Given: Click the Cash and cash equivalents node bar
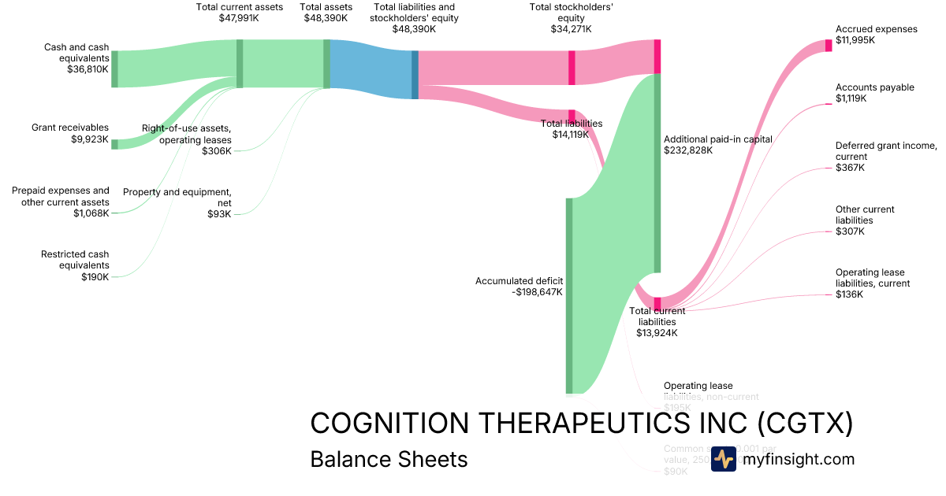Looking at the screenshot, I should [114, 68].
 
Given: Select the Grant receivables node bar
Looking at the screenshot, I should [114, 144].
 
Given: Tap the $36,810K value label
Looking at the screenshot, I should [88, 69].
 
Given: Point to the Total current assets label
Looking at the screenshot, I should [239, 7].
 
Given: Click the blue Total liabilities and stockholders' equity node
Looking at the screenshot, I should [415, 75].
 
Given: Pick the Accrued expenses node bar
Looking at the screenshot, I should [828, 45].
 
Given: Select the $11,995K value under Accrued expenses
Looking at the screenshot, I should [855, 40].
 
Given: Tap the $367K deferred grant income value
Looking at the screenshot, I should [850, 168].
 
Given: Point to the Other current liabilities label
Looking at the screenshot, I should [865, 215].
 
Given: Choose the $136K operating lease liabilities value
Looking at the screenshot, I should [850, 294].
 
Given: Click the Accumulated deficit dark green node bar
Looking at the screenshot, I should [568, 295].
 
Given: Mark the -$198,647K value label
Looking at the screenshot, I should [537, 292].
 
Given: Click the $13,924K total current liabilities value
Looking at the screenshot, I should [657, 333].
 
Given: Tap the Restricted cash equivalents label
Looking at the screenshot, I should [75, 260].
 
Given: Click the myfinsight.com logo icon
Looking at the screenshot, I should [723, 459].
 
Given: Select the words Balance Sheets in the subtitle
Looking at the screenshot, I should [389, 459].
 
